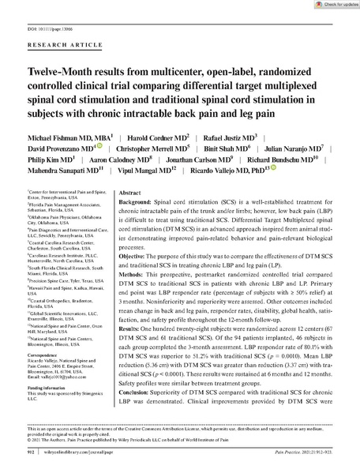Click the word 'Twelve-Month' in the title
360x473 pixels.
[x=43, y=71]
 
